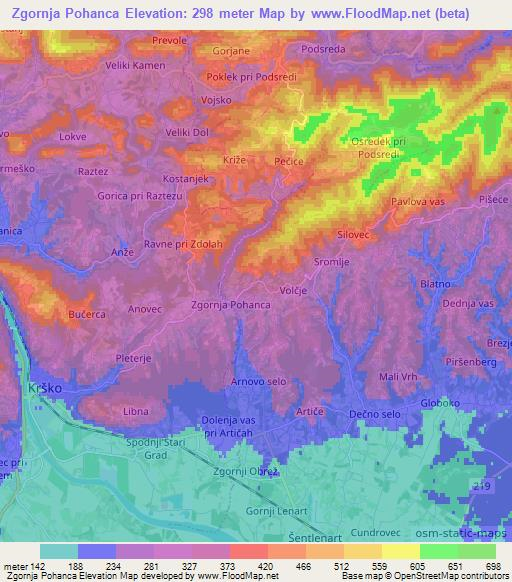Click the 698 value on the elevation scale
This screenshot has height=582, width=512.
[x=490, y=566]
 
